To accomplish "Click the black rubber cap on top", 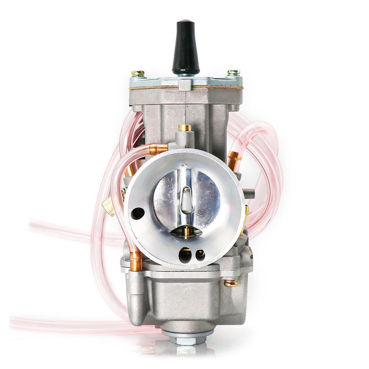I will point(186,47).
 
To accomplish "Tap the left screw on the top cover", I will point(138,73).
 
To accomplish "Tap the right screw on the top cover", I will point(234,72).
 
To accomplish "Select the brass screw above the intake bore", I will point(185,128).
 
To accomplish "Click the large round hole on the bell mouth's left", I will point(138,214).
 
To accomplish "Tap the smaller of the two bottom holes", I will point(200,255).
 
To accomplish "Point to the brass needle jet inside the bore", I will point(186,232).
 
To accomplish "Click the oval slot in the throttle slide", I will point(186,199).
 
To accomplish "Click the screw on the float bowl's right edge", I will point(231,283).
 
